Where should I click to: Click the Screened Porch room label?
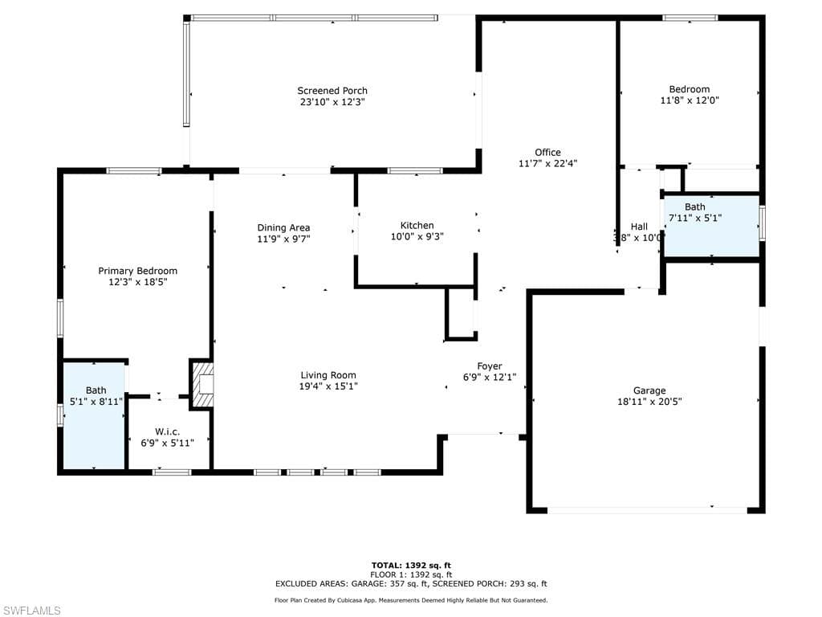[x=332, y=91]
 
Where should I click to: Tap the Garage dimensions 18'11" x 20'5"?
[x=649, y=402]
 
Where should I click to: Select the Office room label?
[x=547, y=153]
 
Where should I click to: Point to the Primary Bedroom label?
[x=137, y=271]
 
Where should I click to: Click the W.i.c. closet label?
[x=168, y=432]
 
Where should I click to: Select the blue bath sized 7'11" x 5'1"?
[x=710, y=225]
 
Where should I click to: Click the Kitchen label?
[x=417, y=226]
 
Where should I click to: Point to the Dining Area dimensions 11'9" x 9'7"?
[x=283, y=239]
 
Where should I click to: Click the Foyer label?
[x=489, y=366]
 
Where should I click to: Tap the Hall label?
[x=639, y=227]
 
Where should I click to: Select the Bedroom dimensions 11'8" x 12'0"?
[x=689, y=100]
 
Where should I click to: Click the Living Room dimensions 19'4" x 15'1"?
[x=328, y=386]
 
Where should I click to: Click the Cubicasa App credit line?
[x=410, y=600]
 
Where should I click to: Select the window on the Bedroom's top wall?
[x=690, y=18]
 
